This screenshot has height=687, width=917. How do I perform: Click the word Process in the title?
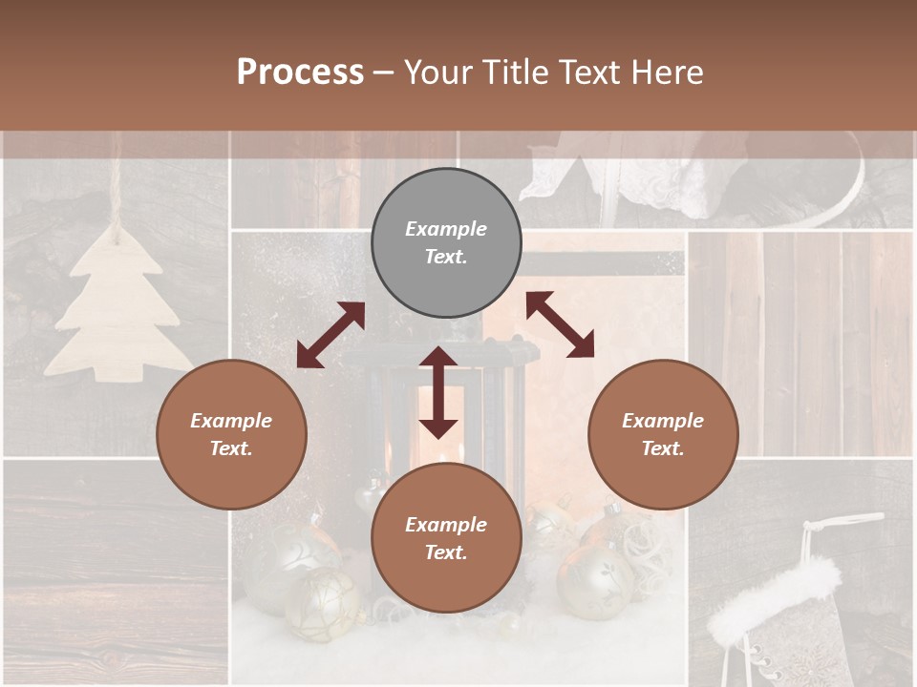pyautogui.click(x=300, y=73)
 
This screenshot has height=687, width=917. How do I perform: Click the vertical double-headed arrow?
pyautogui.click(x=438, y=392)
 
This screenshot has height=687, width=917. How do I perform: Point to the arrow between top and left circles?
pyautogui.click(x=331, y=334)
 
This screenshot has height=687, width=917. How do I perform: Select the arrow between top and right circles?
pyautogui.click(x=560, y=324)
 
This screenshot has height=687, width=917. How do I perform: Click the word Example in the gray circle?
pyautogui.click(x=446, y=229)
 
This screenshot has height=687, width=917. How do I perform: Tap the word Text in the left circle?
pyautogui.click(x=231, y=448)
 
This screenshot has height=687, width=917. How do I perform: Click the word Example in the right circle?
pyautogui.click(x=663, y=421)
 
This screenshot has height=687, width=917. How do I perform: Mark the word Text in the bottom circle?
pyautogui.click(x=446, y=552)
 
